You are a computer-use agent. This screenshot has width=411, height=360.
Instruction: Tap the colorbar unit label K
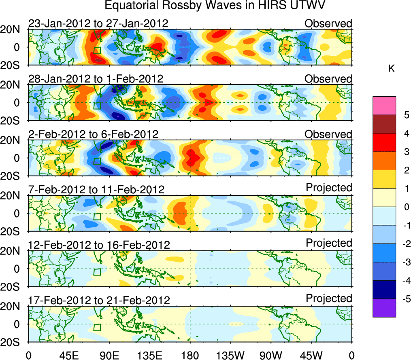click(391, 69)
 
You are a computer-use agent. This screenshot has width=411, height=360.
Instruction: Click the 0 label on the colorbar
click(404, 207)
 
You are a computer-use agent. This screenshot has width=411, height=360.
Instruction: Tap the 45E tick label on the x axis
click(68, 355)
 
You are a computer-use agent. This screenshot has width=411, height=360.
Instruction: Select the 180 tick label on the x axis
click(190, 355)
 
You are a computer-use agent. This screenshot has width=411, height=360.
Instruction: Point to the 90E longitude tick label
click(109, 355)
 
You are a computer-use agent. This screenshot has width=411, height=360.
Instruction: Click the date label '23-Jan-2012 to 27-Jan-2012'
click(98, 24)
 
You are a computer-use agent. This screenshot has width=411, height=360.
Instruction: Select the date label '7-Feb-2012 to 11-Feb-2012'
click(96, 189)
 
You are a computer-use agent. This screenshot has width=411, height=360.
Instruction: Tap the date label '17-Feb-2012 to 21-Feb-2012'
click(99, 300)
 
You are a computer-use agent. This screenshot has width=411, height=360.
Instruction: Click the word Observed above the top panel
click(328, 23)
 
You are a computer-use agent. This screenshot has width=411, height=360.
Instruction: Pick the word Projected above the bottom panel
click(329, 299)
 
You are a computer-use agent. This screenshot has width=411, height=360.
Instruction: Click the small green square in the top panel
click(97, 50)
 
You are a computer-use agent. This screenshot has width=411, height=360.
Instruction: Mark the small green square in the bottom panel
click(97, 327)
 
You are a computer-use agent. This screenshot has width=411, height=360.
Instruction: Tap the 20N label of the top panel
click(14, 30)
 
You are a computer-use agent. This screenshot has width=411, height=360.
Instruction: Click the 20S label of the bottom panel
click(14, 342)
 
